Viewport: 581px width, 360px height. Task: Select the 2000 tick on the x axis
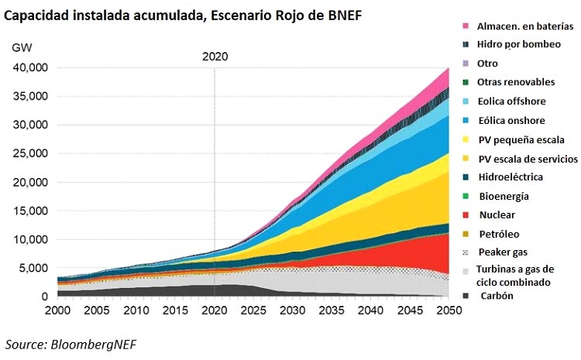pyautogui.click(x=58, y=310)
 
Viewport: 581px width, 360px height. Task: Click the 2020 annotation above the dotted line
pyautogui.click(x=215, y=57)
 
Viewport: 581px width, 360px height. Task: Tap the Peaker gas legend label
pyautogui.click(x=504, y=252)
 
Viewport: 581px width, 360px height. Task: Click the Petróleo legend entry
pyautogui.click(x=500, y=234)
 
